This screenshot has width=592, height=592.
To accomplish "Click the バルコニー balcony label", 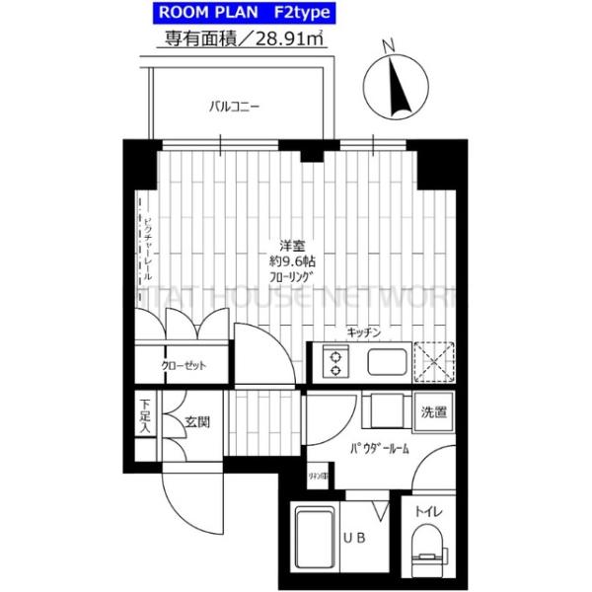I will (x=234, y=107).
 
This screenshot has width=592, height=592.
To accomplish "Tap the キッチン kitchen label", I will (x=364, y=333).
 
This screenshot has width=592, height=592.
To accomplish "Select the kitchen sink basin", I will (x=387, y=362).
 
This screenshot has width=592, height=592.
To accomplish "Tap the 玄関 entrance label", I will (x=196, y=422).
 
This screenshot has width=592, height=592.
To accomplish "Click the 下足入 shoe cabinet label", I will (x=144, y=415).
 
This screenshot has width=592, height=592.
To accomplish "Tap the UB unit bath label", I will (x=351, y=538).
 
